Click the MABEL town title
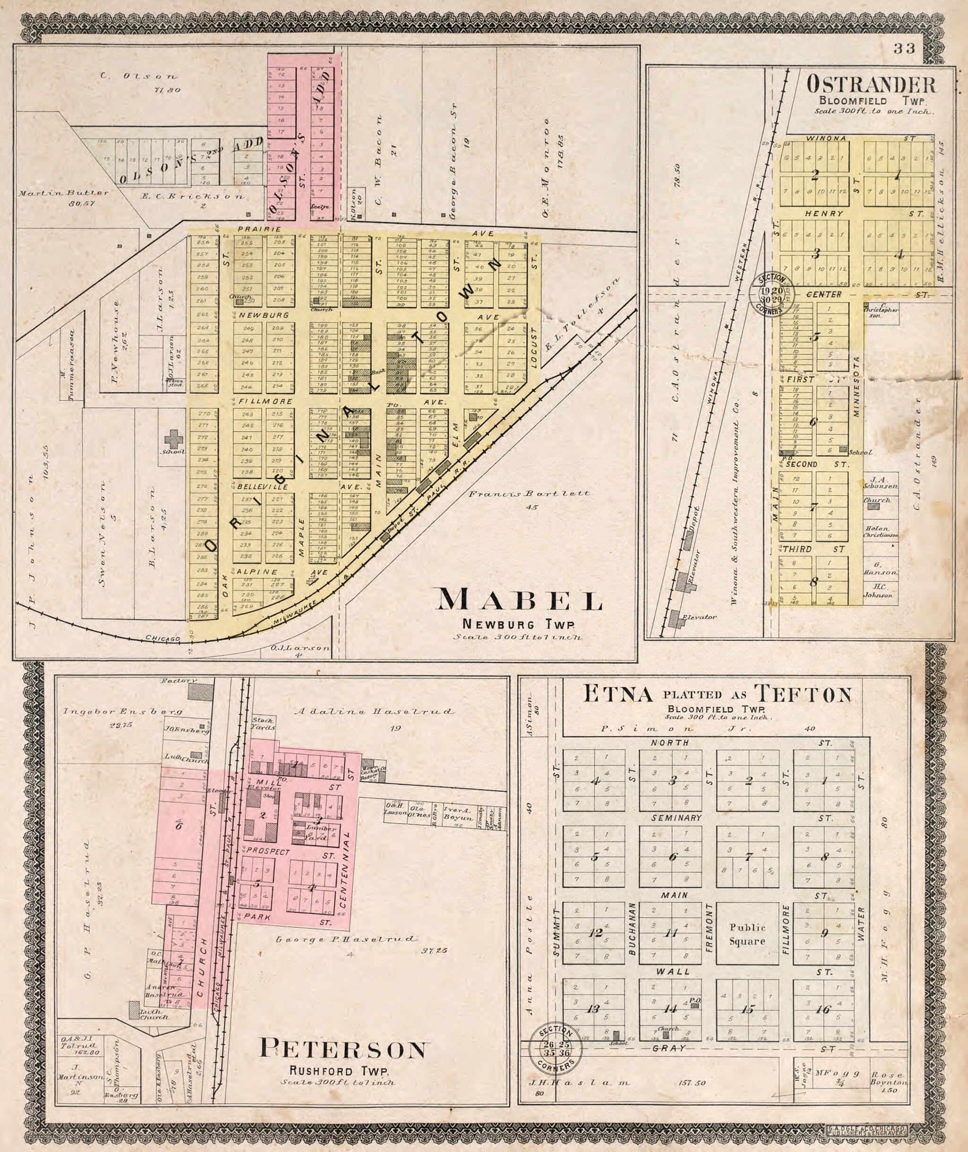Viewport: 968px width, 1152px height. (518, 600)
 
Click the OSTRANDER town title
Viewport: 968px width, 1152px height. (871, 85)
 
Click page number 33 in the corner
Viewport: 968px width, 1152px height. (904, 49)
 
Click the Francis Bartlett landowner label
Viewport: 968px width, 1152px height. (529, 494)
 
